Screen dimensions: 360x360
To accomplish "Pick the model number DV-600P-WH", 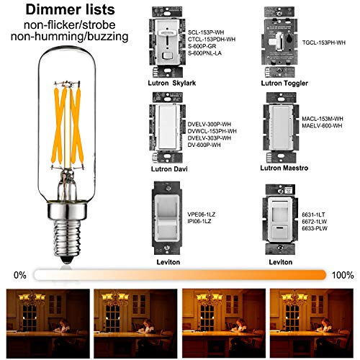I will (207, 146).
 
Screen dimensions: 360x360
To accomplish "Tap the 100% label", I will (343, 274).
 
